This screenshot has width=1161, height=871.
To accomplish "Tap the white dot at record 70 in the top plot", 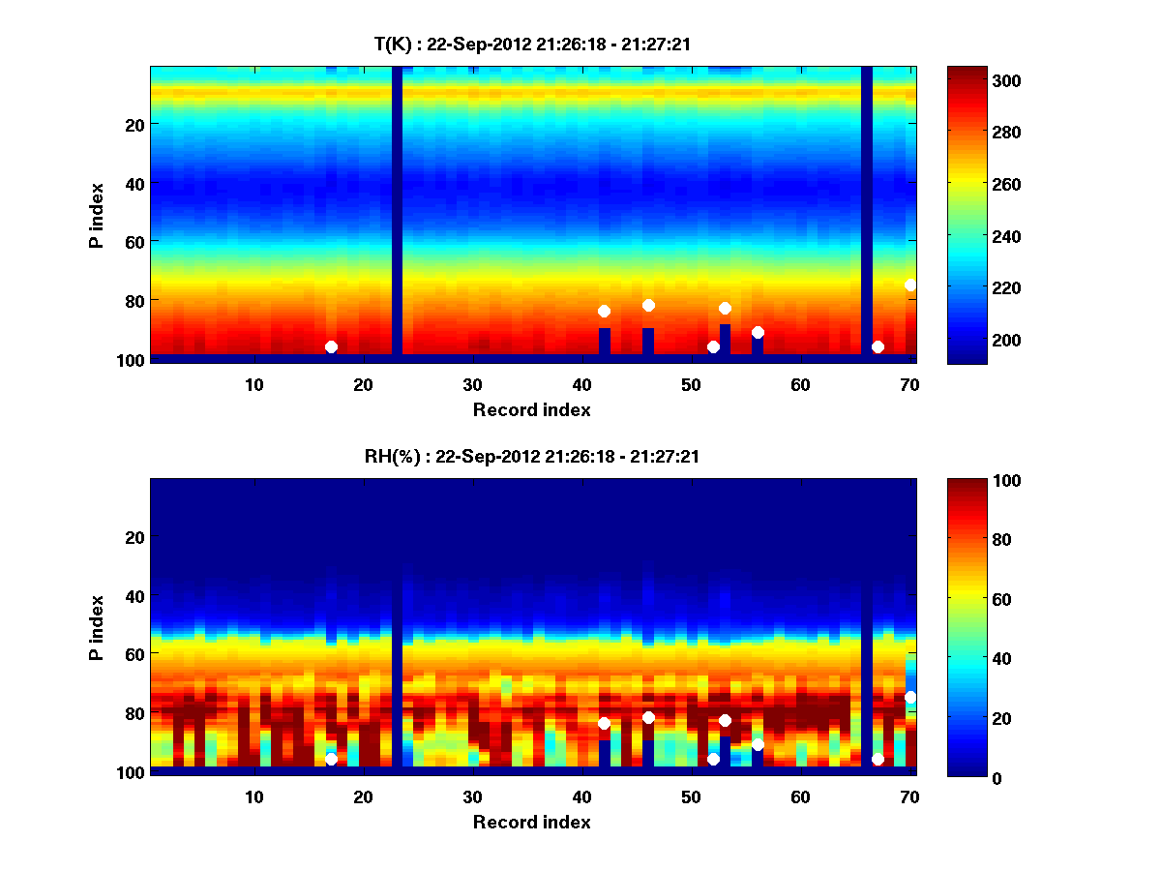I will pyautogui.click(x=910, y=285).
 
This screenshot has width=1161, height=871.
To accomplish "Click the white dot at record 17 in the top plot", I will pyautogui.click(x=331, y=346).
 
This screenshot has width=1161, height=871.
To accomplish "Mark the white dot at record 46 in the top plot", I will pyautogui.click(x=648, y=305).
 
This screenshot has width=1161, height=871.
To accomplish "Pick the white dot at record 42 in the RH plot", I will pyautogui.click(x=604, y=723).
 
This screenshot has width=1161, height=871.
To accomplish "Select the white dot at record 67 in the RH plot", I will pyautogui.click(x=878, y=759).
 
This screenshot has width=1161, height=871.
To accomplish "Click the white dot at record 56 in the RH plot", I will pyautogui.click(x=758, y=744).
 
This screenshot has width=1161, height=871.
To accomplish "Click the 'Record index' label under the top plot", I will pyautogui.click(x=531, y=409).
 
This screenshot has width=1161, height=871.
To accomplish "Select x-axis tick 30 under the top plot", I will pyautogui.click(x=472, y=384).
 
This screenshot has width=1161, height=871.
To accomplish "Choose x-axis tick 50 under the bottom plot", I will pyautogui.click(x=691, y=796).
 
